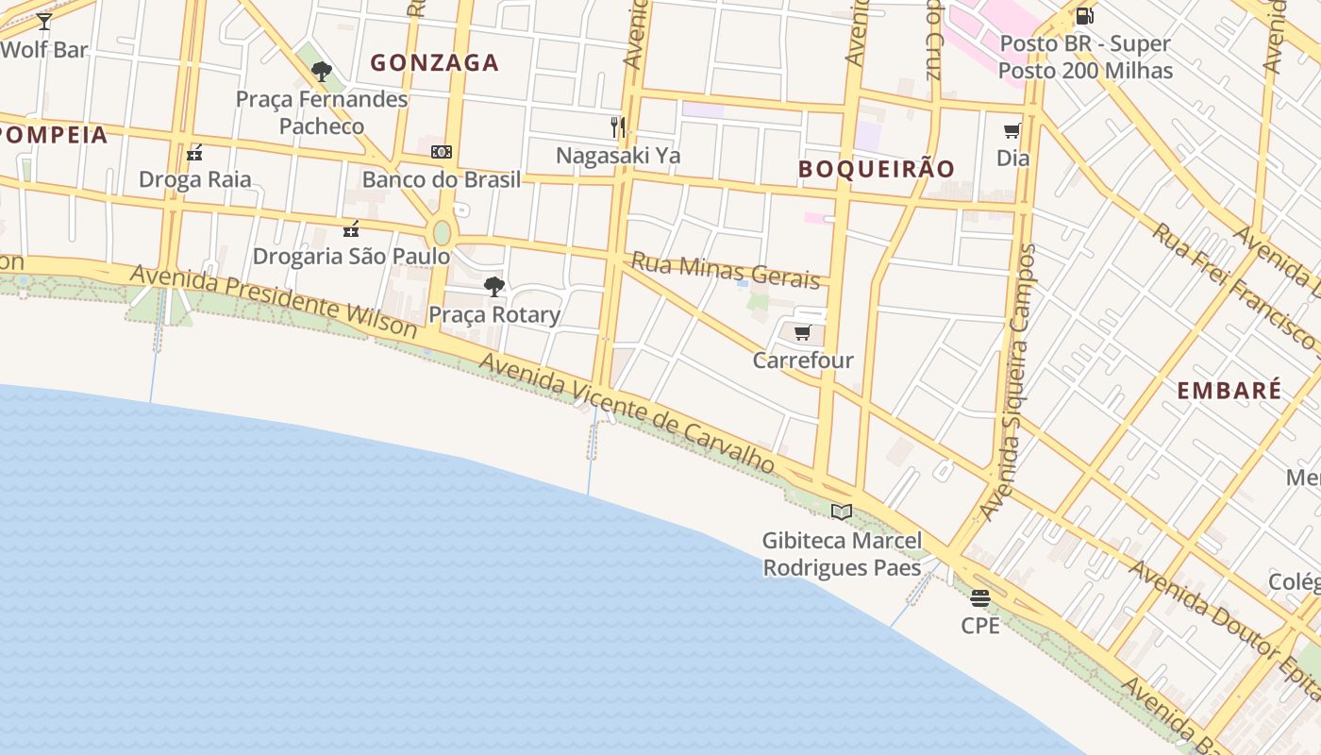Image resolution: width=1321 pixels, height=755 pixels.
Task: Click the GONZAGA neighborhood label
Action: tap(434, 63)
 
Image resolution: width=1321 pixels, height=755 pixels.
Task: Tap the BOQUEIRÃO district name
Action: tap(877, 170)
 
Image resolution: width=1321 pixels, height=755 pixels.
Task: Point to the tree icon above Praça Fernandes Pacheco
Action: tap(322, 71)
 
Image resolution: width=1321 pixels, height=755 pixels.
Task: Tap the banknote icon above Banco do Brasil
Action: tap(441, 152)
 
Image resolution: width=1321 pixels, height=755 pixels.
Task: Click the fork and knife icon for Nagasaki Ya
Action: tap(618, 127)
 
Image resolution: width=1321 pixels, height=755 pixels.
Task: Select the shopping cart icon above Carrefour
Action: tap(802, 332)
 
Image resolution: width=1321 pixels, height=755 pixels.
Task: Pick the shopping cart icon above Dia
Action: tap(1012, 130)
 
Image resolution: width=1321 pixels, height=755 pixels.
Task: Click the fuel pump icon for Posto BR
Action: tap(1085, 16)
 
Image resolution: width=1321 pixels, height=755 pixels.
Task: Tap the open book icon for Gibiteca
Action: tap(841, 512)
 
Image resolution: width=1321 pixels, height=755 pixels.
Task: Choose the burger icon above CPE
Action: tap(980, 597)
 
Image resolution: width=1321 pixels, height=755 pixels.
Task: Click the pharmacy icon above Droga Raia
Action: tap(194, 152)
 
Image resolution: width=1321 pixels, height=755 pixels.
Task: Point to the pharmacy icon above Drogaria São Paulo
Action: tap(351, 228)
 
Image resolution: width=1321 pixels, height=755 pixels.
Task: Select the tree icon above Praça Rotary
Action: tap(493, 287)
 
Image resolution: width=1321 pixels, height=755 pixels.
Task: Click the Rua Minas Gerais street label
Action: tap(726, 270)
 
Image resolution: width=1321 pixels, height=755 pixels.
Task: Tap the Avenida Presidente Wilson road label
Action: tap(274, 300)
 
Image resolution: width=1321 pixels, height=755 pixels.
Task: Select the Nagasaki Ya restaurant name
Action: tap(618, 156)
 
